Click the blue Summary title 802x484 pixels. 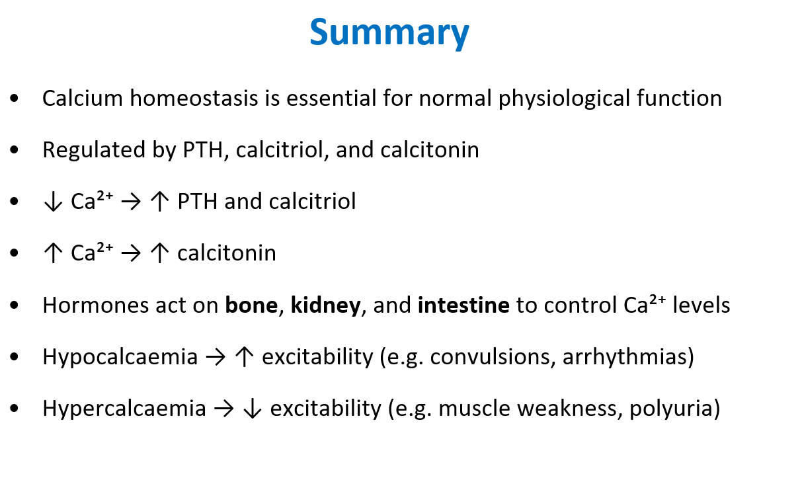[x=389, y=33]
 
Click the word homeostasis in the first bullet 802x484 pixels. [x=194, y=98]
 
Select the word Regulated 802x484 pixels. [x=94, y=150]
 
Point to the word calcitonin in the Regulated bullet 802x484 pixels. [x=430, y=149]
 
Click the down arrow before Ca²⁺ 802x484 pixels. [x=53, y=202]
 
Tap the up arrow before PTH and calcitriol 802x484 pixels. [x=159, y=202]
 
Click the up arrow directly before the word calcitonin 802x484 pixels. [x=159, y=253]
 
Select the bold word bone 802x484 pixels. [x=251, y=305]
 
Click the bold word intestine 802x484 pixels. [x=463, y=305]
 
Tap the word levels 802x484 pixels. [x=701, y=305]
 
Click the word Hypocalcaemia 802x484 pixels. [x=120, y=358]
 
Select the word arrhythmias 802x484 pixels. [x=624, y=358]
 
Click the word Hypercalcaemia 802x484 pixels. [x=124, y=409]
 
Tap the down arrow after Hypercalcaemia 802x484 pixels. [x=253, y=409]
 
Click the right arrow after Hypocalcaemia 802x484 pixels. [x=216, y=357]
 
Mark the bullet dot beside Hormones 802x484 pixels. [x=15, y=305]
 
